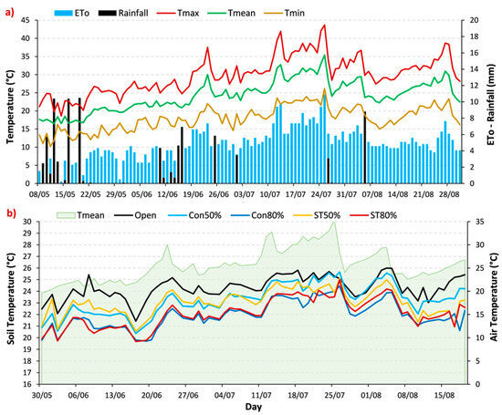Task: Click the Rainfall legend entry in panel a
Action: click(123, 13)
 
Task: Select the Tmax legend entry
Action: click(178, 13)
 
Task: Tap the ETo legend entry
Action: click(72, 13)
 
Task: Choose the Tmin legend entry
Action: click(284, 13)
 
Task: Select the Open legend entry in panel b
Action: click(135, 215)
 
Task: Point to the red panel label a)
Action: click(10, 13)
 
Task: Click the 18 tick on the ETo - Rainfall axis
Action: click(474, 36)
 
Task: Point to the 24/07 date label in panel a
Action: click(321, 194)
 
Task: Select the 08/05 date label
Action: click(39, 194)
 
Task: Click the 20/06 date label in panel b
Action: click(152, 395)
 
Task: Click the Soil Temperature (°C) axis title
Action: click(12, 299)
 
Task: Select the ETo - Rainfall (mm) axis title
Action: click(491, 105)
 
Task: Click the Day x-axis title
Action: click(254, 407)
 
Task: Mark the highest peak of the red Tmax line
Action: click(325, 25)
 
